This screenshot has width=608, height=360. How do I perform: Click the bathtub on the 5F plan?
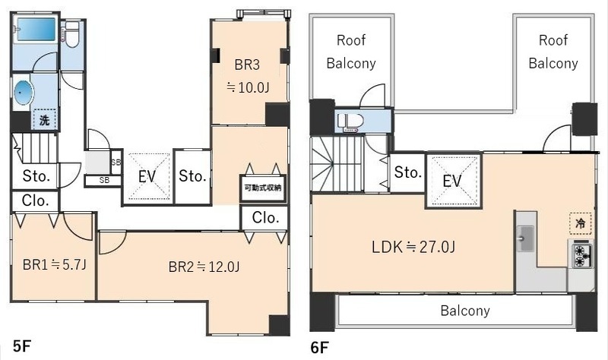pos(35,29)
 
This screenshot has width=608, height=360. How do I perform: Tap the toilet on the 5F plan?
pos(72,34)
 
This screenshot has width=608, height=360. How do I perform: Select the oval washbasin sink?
pos(24,93)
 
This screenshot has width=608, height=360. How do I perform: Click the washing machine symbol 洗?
pos(44,120)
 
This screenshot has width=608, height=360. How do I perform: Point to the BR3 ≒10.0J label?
pos(248,76)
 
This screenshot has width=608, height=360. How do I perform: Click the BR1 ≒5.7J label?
pos(54,264)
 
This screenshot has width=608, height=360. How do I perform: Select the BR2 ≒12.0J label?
pos(204,267)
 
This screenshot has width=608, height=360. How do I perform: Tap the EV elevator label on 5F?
pos(147,177)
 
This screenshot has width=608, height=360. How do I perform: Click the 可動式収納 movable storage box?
pos(263,188)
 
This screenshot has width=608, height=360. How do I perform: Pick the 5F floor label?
pos(22,346)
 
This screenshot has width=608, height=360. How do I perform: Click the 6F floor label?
pos(319,348)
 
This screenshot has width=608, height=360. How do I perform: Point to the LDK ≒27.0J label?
pos(413,247)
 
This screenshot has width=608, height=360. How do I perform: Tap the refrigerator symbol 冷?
pos(581,223)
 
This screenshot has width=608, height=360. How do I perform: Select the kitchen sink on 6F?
pos(525,238)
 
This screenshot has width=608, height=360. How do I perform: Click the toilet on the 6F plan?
pos(350,122)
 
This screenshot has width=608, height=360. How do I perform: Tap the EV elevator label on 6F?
pos(452,181)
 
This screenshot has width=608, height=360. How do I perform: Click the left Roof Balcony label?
pos(351,52)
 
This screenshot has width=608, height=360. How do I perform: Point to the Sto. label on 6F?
pos(408,172)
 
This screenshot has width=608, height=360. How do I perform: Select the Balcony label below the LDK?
pos(465,311)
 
